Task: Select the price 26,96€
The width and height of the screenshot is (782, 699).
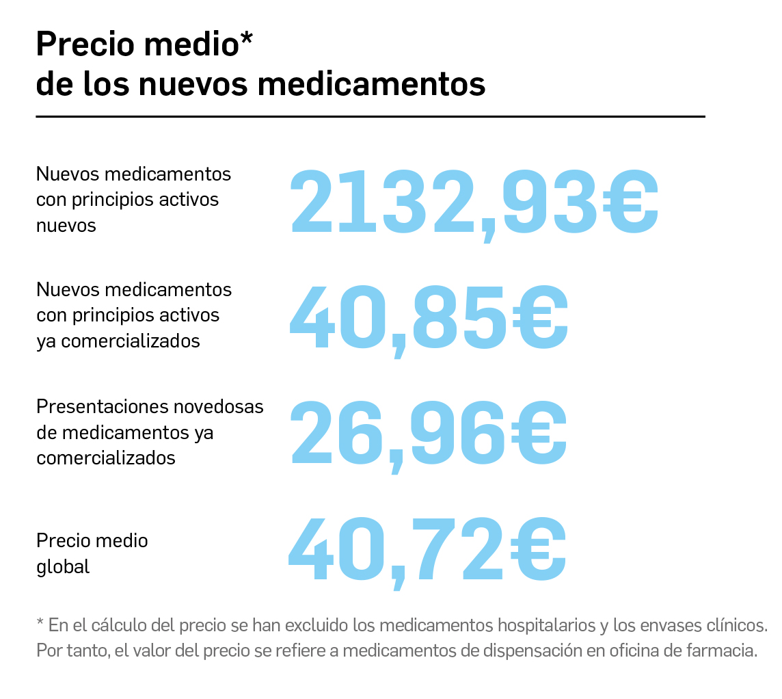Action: [429, 432]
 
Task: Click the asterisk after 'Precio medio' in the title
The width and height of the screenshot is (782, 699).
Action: [246, 40]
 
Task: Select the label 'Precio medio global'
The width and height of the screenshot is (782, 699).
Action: [92, 553]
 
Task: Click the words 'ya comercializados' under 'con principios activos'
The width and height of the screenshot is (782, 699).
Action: [118, 341]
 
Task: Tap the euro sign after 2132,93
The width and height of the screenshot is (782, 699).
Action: [630, 201]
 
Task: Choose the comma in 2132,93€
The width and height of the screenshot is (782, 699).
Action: [488, 229]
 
